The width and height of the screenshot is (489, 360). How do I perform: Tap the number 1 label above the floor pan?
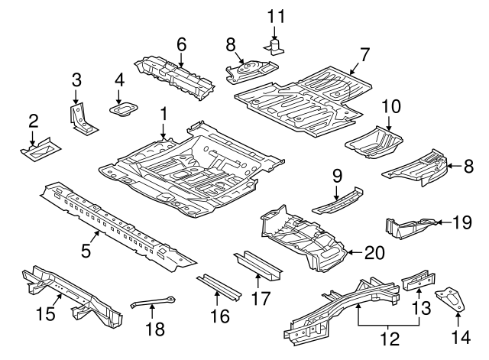pyautogui.click(x=163, y=113)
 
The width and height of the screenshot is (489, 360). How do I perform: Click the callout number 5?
pyautogui.click(x=86, y=249)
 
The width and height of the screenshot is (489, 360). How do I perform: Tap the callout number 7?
pyautogui.click(x=364, y=54)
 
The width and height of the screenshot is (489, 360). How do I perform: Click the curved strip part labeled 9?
pyautogui.click(x=336, y=201)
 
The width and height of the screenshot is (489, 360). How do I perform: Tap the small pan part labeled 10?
pyautogui.click(x=374, y=141)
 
